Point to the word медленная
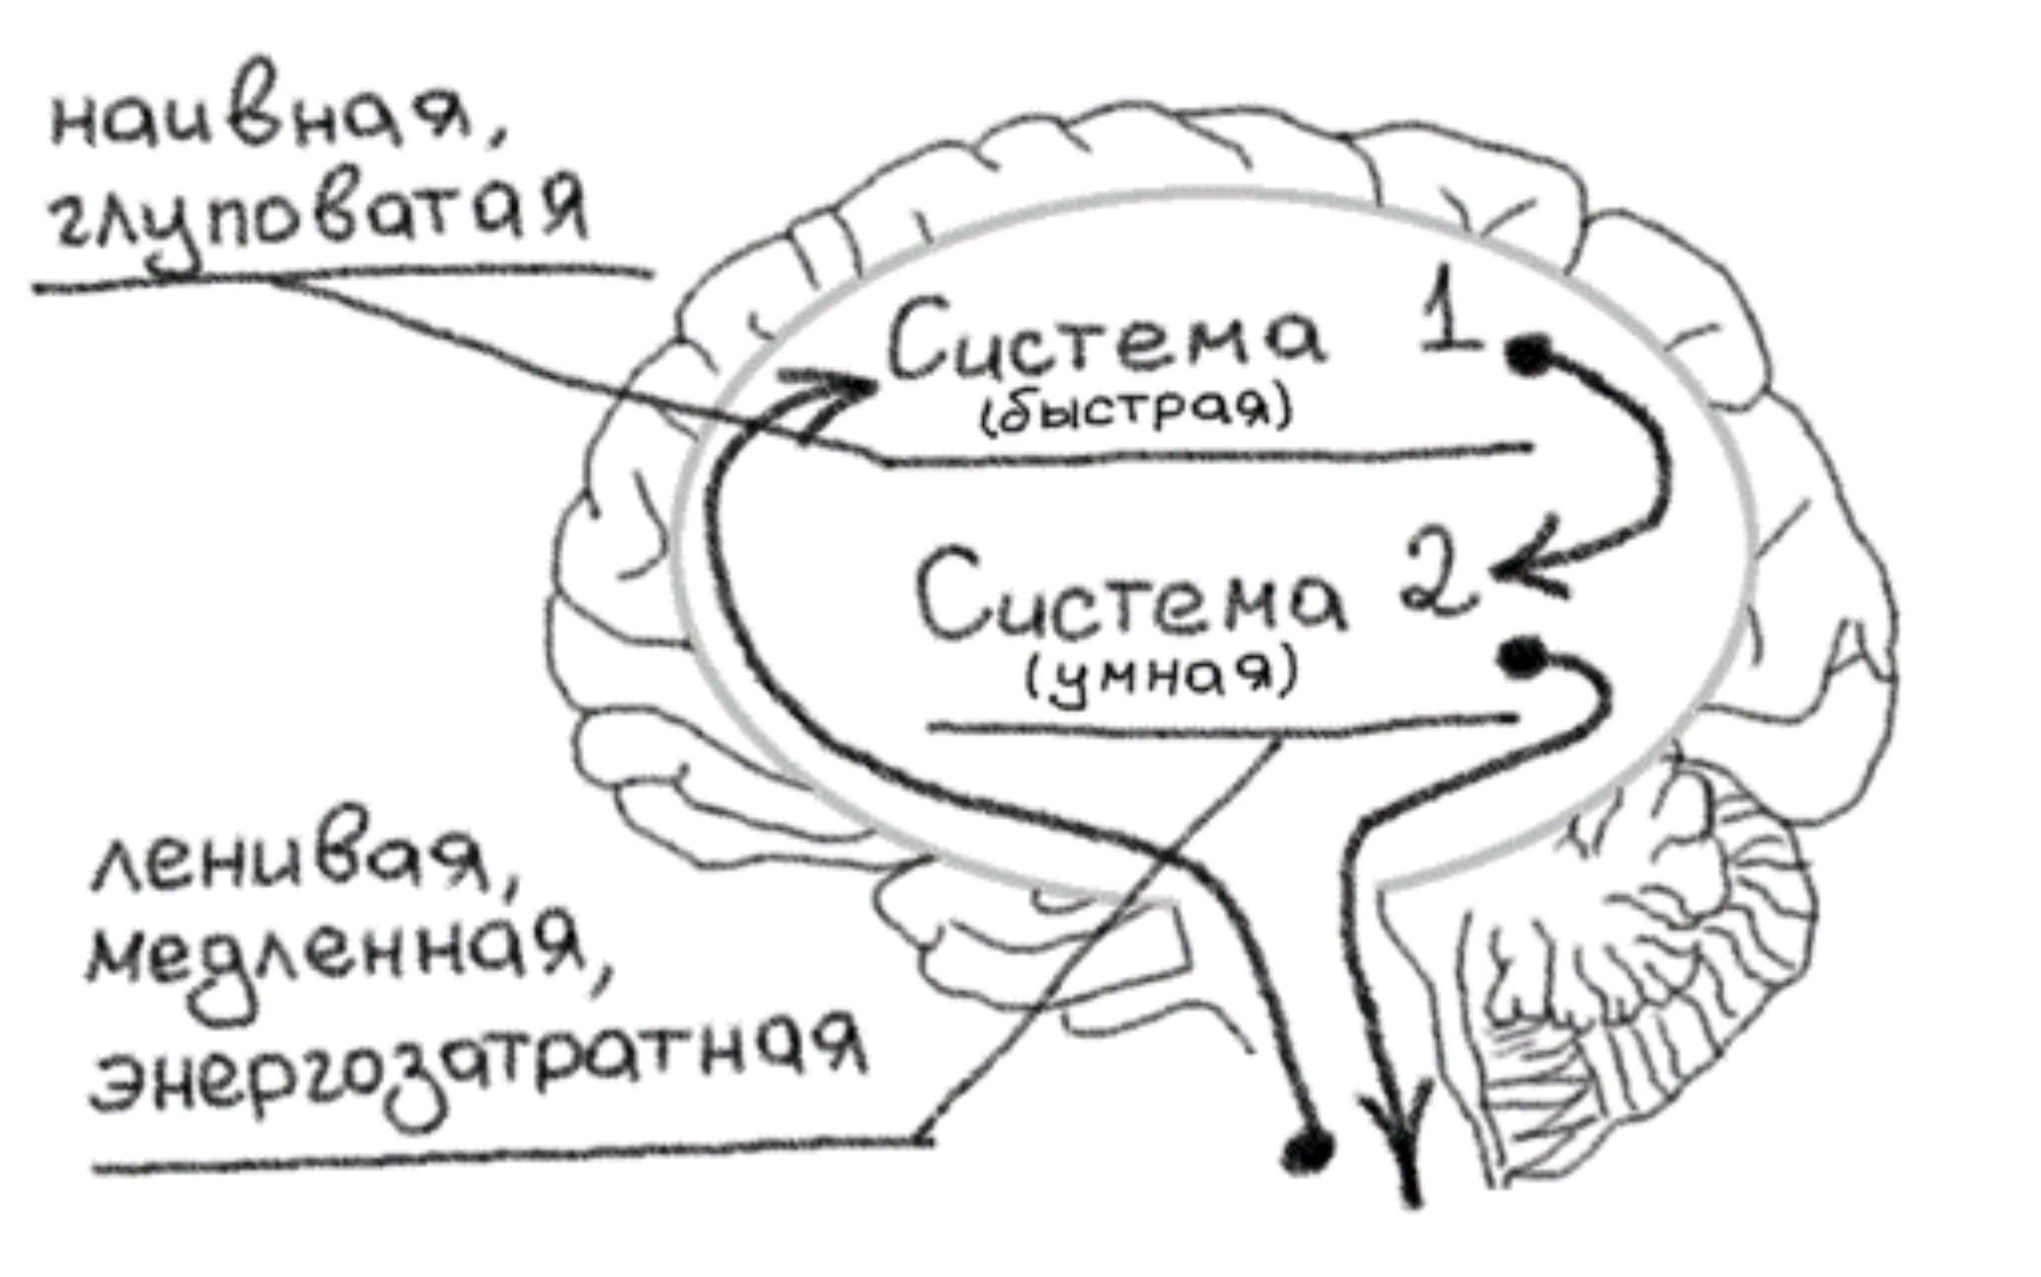[336, 957]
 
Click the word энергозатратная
[474, 1066]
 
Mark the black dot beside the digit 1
[1528, 353]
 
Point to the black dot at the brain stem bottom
[1308, 1150]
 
